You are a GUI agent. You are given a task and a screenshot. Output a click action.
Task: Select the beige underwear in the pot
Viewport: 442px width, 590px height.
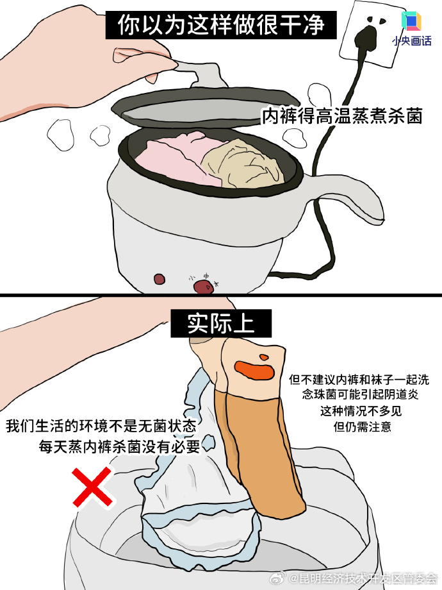coord(243,164)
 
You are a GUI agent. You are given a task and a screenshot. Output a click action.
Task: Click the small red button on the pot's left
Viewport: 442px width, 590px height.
coord(159,279)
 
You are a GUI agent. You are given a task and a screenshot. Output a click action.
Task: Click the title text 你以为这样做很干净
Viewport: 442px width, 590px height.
coord(221,25)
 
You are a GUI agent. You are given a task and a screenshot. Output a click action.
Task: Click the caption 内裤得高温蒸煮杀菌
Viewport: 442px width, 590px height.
coord(342,116)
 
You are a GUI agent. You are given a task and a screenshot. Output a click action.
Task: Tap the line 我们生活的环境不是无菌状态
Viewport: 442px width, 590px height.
coord(101,426)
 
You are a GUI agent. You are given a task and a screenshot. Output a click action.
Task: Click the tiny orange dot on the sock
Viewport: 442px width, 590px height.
coord(263,357)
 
